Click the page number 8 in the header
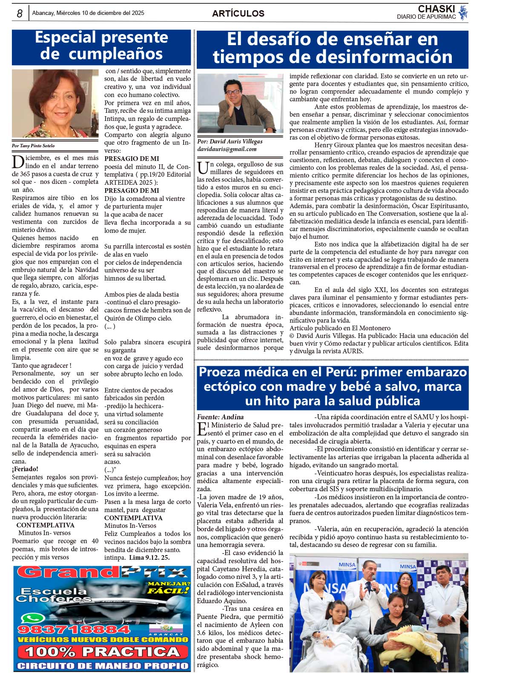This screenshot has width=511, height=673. [x=20, y=14]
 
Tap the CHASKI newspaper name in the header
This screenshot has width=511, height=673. [x=436, y=9]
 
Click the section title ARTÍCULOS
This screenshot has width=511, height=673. [x=238, y=14]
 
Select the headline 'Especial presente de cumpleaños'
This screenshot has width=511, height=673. [x=101, y=46]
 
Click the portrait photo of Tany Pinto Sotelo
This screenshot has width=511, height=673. [x=55, y=103]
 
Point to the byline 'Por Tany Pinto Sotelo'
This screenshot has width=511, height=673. [x=33, y=146]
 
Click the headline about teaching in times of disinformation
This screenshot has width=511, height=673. [x=332, y=48]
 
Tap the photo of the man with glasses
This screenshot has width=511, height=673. [x=240, y=103]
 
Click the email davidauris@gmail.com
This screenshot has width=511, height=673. [x=227, y=149]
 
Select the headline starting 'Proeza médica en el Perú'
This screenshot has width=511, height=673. [x=333, y=386]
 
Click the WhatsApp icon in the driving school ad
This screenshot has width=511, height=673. [x=28, y=618]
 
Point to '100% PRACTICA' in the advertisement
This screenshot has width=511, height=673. [x=103, y=652]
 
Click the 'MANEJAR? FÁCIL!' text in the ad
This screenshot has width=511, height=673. [x=168, y=587]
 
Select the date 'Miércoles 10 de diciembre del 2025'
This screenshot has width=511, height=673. [x=88, y=13]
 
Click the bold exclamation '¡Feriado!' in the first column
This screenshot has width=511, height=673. [x=25, y=469]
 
